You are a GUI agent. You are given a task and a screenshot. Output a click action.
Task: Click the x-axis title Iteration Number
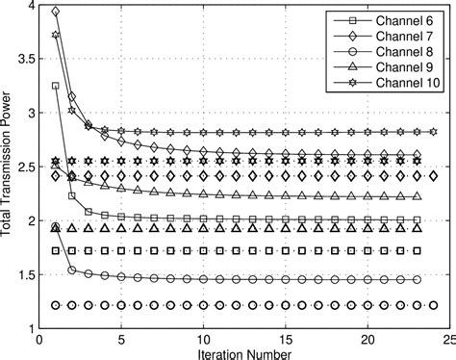click(243, 353)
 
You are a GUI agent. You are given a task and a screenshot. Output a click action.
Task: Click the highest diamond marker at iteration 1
click(56, 12)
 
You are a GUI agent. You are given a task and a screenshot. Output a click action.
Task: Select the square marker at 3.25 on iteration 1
click(56, 86)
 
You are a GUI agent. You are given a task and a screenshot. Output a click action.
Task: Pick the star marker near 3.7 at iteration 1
click(56, 36)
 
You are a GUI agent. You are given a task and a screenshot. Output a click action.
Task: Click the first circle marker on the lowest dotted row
click(56, 305)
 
